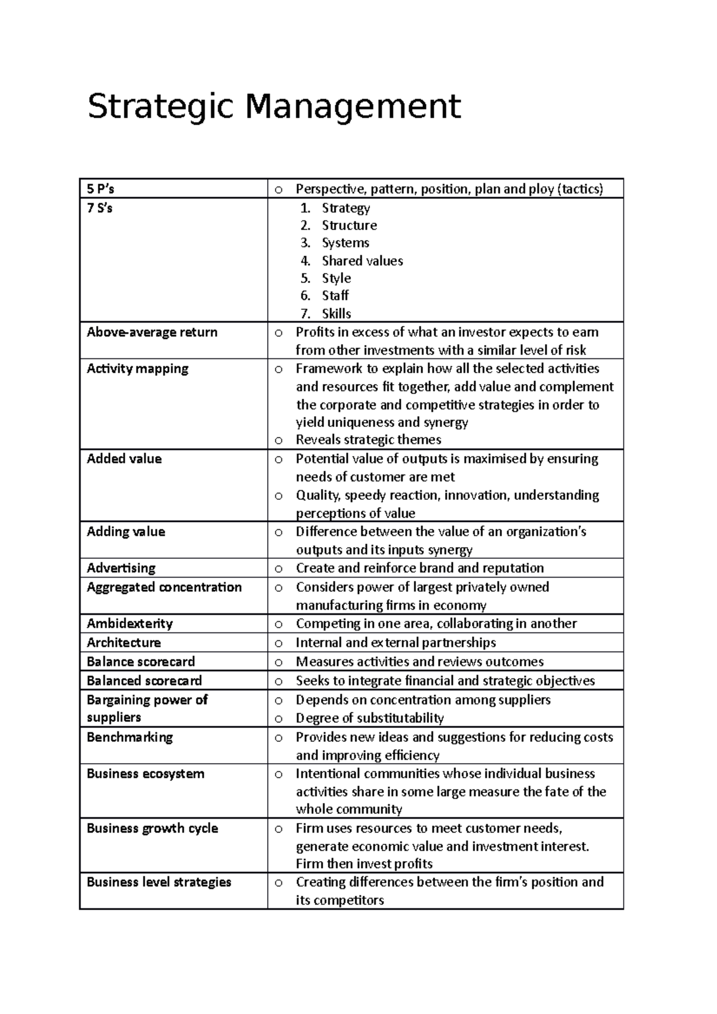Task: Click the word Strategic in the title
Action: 160,107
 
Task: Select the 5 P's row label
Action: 100,189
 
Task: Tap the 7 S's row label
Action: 100,208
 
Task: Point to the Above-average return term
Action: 152,333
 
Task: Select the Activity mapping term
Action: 137,369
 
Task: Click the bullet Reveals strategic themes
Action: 368,440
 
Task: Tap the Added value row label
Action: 124,459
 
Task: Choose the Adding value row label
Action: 125,532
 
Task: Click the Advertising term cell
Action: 121,569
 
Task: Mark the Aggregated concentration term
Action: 164,588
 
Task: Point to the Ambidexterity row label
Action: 130,624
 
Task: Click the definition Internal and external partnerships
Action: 396,643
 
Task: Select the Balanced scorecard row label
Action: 144,681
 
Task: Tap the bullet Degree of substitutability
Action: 369,718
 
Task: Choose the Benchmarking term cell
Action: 130,738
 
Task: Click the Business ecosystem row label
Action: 145,774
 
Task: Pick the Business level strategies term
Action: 159,883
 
